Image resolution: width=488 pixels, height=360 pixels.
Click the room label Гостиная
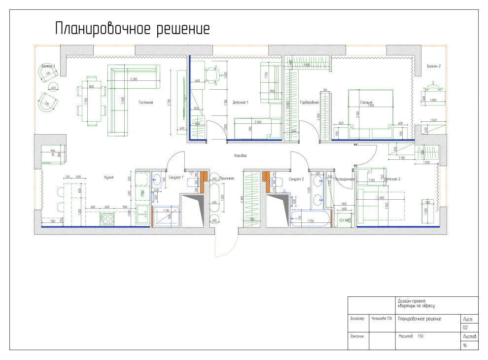146,103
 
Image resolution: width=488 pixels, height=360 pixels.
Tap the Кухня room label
109,177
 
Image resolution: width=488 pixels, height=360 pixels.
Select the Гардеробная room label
309,103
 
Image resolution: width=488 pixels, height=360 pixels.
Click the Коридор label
240,155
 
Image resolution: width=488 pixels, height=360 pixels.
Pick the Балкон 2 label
433,66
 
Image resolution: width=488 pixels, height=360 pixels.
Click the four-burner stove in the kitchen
108,218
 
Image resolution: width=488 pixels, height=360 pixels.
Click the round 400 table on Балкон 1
53,88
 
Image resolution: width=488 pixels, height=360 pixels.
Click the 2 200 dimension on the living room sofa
133,79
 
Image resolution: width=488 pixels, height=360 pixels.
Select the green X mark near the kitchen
52,154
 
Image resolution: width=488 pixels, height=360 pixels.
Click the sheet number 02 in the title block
465,327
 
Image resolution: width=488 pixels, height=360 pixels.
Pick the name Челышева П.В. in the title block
381,319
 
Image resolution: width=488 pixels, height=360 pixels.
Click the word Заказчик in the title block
357,336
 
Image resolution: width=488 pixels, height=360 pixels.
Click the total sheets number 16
464,345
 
